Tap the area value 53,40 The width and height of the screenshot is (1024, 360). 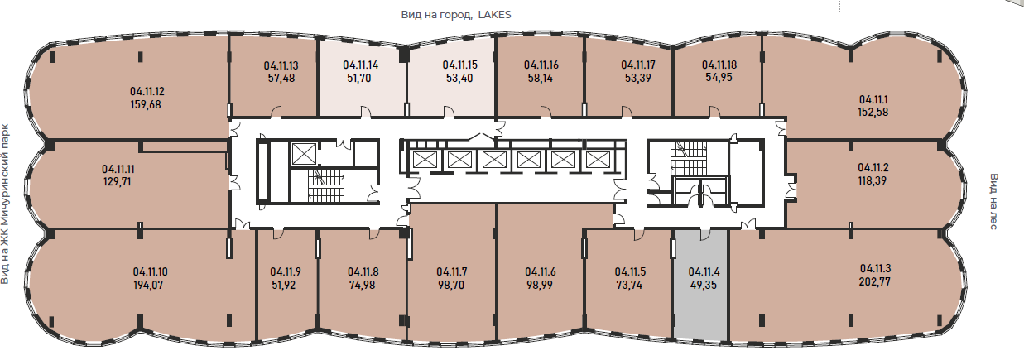(459, 78)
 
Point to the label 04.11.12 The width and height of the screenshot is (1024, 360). (147, 91)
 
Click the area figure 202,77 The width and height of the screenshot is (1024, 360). (875, 281)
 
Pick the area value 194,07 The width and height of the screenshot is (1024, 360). (148, 285)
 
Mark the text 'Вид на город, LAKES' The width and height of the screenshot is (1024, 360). (456, 15)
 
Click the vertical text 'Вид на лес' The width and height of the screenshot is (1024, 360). (993, 201)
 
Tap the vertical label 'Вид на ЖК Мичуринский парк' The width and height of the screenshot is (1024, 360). (5, 204)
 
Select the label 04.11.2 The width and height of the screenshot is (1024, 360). (873, 168)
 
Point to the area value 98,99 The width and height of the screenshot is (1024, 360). (540, 285)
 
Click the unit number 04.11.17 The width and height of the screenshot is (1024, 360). (638, 65)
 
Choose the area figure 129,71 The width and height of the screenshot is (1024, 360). (118, 182)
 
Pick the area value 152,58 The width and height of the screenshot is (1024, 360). (873, 112)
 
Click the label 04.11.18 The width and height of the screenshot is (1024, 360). (719, 65)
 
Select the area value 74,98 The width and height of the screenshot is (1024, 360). (362, 285)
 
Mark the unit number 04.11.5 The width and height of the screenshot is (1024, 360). (631, 271)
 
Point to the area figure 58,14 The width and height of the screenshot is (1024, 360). (541, 78)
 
